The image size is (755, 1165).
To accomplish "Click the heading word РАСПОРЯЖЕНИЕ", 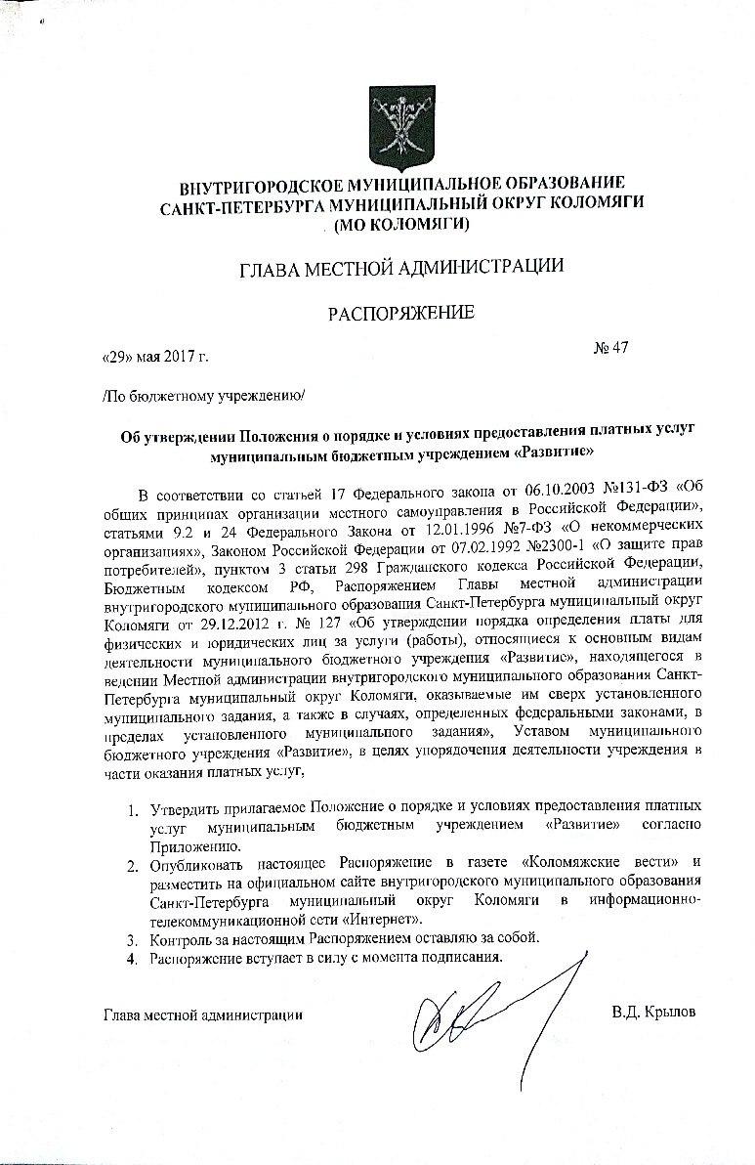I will tap(400, 313).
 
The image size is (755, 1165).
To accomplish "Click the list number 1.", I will tap(133, 810).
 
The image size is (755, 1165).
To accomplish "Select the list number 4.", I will tap(133, 957).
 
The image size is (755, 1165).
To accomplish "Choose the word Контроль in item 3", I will tap(181, 938).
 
